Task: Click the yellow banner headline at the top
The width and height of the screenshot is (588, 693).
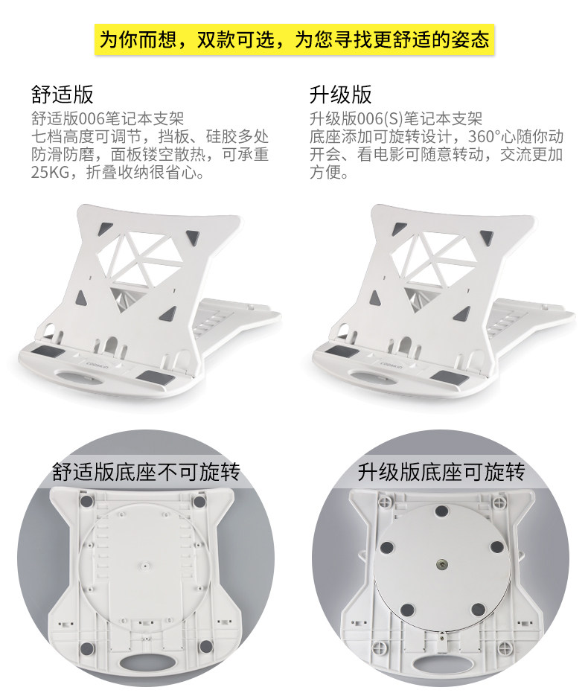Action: point(294,39)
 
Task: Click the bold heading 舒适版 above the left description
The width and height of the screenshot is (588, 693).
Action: point(62,95)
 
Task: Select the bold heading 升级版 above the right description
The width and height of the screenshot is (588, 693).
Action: point(340,95)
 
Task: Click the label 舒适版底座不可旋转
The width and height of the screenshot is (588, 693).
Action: point(146,472)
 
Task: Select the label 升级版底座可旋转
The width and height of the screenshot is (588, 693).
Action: point(441,472)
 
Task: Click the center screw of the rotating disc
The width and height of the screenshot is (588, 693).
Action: point(442,563)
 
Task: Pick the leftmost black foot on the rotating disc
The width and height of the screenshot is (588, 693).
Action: point(386,549)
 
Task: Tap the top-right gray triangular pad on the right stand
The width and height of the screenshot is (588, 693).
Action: point(486,237)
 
